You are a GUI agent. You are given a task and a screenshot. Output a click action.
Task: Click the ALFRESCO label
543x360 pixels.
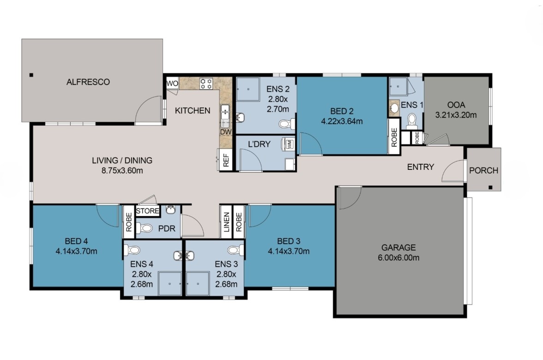88,82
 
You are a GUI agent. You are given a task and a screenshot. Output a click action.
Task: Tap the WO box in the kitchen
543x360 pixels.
172,84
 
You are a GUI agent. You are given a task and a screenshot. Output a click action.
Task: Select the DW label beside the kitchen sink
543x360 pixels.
225,132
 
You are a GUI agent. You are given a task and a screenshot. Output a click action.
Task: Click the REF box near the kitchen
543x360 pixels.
226,160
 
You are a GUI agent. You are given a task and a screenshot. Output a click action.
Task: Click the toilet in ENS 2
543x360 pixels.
285,124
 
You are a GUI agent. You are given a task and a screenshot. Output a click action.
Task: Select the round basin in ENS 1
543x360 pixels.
394,108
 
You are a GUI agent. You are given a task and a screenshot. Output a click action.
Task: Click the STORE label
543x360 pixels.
147,211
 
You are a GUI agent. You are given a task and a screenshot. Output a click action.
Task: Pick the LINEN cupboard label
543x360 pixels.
226,222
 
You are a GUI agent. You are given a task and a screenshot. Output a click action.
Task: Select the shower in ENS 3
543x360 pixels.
199,282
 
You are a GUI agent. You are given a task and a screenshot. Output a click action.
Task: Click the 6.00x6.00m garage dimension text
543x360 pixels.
398,258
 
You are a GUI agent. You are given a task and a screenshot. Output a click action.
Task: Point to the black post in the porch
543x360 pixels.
491,187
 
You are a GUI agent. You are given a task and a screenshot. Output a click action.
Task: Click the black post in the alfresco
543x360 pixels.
31,75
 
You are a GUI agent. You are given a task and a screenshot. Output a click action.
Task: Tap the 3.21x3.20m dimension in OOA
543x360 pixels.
456,115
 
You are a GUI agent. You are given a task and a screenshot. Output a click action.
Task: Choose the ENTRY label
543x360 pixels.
420,167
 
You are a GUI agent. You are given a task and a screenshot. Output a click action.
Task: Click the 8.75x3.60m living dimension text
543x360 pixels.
122,170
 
